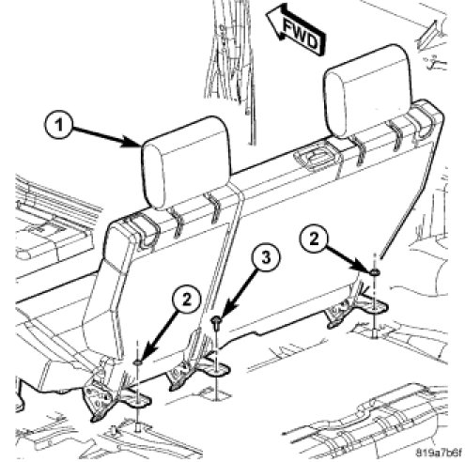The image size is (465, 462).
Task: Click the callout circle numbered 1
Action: click(58, 126)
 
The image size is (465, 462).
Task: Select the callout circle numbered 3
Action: click(265, 259)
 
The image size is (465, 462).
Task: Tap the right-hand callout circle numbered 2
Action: click(314, 239)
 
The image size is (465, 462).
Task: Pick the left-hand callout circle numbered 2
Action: click(186, 300)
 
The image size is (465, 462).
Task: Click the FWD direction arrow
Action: click(295, 30)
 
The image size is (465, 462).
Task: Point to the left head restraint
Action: click(187, 162)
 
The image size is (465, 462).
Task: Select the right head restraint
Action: click(368, 91)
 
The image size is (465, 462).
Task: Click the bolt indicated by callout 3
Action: click(216, 323)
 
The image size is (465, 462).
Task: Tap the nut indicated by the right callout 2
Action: click(374, 272)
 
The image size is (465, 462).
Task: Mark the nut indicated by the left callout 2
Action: click(138, 362)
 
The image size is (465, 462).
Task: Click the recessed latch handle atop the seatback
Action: click(317, 158)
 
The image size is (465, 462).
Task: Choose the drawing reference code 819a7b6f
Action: click(439, 453)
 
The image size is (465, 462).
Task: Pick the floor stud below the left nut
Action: click(138, 426)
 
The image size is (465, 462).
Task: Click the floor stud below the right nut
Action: click(374, 334)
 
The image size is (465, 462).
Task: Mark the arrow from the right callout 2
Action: click(349, 259)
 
